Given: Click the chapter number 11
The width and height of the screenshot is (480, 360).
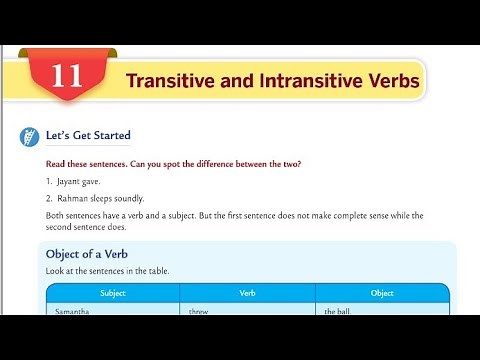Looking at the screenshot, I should tap(66, 77).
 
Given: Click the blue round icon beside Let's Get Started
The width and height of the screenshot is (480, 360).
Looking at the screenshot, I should tap(25, 137).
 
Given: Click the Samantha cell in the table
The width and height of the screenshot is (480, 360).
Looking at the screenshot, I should tap(74, 312).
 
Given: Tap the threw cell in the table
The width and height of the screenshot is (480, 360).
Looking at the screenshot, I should tap(198, 312).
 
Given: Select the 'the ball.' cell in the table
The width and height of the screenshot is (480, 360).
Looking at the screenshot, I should tap(338, 312).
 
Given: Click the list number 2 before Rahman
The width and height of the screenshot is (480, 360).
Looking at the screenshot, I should tap(48, 198).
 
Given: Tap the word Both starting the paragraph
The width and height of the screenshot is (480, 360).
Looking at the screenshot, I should tap(56, 215).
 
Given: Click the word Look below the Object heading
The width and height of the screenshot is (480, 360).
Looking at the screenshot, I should tap(56, 271).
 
